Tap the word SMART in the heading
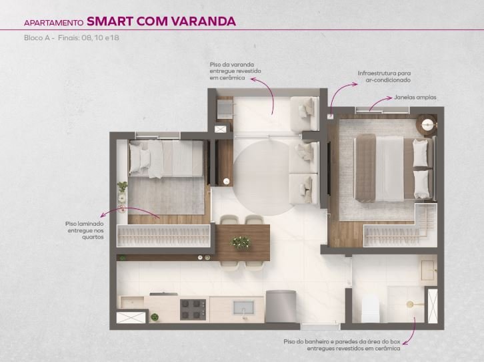coord(109,21)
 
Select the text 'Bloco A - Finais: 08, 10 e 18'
coord(71,37)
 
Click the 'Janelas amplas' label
coord(415,98)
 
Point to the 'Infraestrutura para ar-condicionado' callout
coord(384,77)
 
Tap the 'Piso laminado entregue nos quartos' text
coord(84,230)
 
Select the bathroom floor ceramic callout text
coord(342,345)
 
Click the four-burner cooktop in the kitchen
coord(193,309)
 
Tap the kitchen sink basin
coord(243,308)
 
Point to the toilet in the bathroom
coord(370,308)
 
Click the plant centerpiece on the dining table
coord(241,242)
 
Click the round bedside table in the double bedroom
coord(427,125)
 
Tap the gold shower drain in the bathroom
coord(411,305)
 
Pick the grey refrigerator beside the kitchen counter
coord(281,307)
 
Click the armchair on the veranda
coord(305,114)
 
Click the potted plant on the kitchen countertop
coord(155,317)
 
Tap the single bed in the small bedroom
coord(166,159)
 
